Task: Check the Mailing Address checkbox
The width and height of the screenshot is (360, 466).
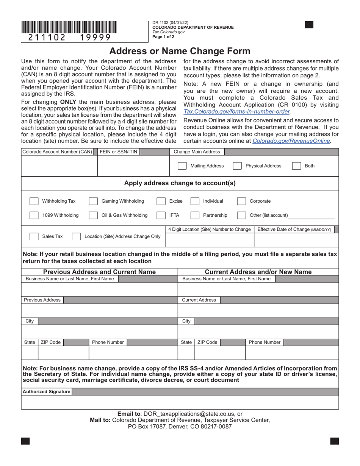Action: pos(182,166)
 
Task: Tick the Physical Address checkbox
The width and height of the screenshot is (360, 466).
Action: pos(237,166)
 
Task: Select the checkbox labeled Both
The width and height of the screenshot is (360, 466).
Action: pos(297,166)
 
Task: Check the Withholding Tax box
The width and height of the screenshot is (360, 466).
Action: pos(34,201)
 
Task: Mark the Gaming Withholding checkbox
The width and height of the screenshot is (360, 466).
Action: pos(93,201)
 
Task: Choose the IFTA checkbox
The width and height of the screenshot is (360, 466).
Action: pos(161,215)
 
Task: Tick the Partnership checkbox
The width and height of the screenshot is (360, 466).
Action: pos(195,215)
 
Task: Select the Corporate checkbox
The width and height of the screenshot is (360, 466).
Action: pos(241,201)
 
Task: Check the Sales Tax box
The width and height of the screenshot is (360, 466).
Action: pos(34,236)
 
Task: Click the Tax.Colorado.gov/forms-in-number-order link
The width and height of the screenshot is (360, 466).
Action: pos(236,111)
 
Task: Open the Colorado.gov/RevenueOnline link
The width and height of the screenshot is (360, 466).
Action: pos(291,141)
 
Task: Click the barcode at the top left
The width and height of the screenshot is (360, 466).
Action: pos(69,27)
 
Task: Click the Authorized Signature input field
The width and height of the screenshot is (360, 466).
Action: pos(180,402)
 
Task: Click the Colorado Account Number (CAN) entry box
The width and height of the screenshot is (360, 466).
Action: pos(59,166)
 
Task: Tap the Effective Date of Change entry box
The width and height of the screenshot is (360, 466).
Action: pos(296,240)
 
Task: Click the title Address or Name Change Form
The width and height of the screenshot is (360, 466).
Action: pos(180,51)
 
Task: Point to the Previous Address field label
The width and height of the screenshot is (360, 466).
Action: pos(42,300)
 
